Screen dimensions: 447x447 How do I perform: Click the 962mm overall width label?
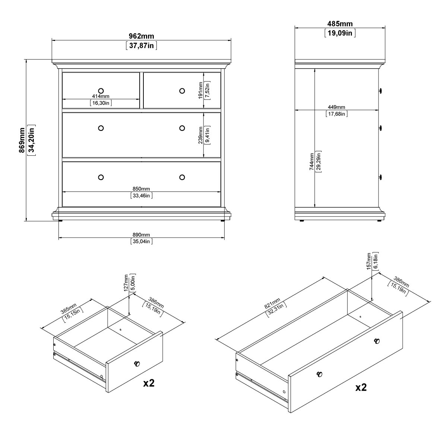[x=141, y=36]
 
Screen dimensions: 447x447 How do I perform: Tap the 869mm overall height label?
[x=22, y=140]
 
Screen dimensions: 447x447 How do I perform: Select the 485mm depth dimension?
[x=340, y=24]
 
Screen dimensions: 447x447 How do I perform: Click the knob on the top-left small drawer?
[x=101, y=91]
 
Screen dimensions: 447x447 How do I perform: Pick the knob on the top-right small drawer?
[x=182, y=91]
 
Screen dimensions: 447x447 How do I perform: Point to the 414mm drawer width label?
[x=101, y=96]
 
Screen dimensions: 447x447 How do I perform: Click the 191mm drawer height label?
[x=200, y=91]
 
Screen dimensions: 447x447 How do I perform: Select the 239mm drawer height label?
[x=200, y=135]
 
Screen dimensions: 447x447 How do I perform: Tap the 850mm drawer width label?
[x=141, y=189]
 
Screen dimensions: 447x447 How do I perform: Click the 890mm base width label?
[x=141, y=235]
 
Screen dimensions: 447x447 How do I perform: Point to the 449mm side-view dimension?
[x=336, y=107]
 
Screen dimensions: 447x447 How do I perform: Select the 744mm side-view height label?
[x=311, y=162]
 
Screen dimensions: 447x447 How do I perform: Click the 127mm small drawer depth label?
[x=126, y=283]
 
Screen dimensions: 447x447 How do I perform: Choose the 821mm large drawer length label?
[x=273, y=303]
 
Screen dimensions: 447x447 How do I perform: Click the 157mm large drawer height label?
[x=369, y=261]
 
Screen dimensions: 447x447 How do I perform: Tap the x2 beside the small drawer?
[x=149, y=383]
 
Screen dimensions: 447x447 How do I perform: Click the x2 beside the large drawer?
[x=361, y=387]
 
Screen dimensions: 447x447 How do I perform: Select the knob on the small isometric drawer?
[x=137, y=364]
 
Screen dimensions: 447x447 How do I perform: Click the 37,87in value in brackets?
[x=142, y=46]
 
